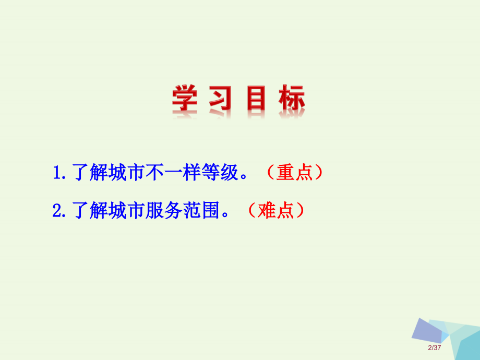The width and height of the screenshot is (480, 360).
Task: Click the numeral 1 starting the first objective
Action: [57, 173]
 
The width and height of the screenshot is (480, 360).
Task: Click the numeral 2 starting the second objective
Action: [57, 211]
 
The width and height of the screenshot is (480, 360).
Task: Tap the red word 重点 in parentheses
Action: [294, 173]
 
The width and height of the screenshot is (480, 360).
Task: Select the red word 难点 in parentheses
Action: [277, 211]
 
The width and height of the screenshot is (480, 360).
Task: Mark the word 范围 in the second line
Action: [200, 211]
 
